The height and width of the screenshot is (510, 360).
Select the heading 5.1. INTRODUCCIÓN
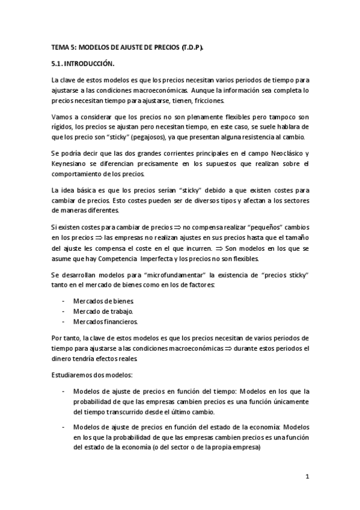point(83,63)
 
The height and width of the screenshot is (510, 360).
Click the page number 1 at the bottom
point(307,478)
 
